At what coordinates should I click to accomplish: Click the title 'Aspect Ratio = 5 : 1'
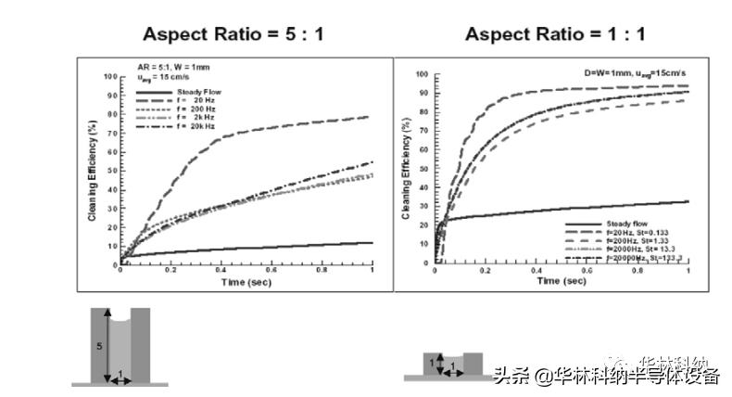233,34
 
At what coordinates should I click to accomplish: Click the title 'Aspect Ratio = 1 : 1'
555,34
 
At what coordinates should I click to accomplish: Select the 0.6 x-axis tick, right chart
587,271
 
